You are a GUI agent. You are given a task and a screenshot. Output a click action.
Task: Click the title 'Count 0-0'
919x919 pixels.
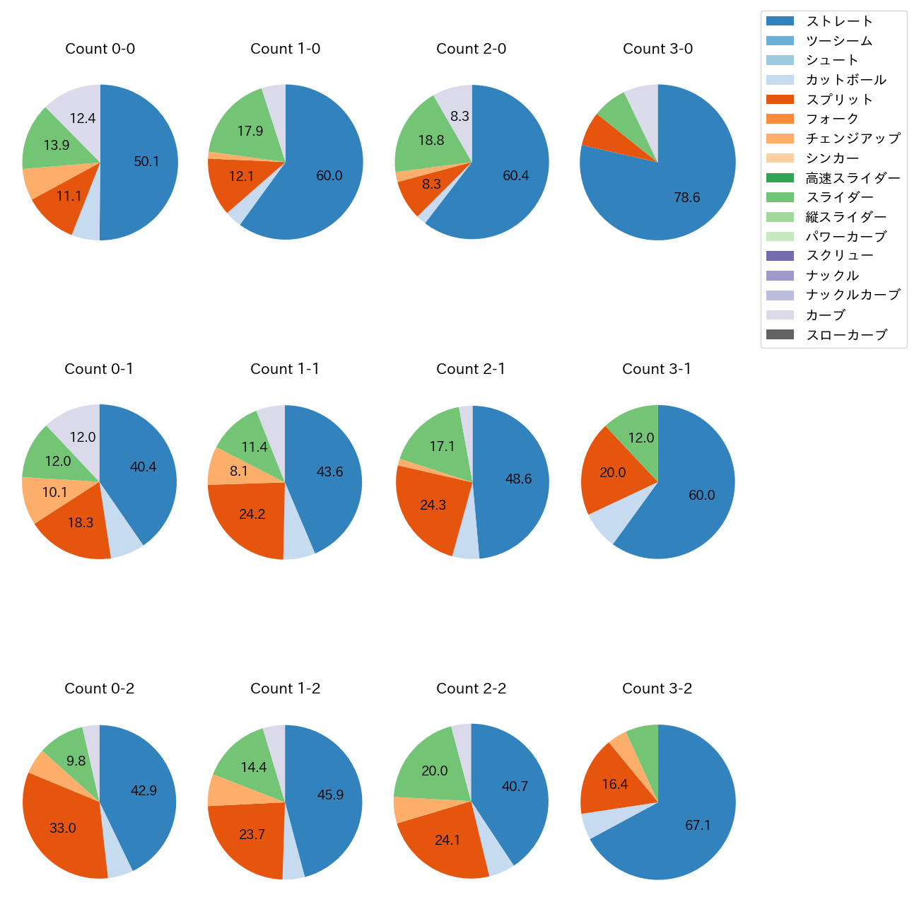tap(100, 49)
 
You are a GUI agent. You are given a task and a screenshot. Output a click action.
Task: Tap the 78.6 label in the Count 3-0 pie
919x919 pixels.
tap(686, 197)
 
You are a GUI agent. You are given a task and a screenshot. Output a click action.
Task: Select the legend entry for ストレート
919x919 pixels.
tap(839, 21)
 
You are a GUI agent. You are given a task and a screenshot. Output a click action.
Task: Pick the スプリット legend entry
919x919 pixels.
tap(839, 100)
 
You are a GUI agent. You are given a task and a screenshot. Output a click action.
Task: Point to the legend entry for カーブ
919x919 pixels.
tap(825, 315)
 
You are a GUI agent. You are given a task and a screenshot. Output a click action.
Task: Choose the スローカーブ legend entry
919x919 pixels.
tap(846, 335)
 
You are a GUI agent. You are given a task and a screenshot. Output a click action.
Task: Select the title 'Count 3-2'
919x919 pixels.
tap(657, 689)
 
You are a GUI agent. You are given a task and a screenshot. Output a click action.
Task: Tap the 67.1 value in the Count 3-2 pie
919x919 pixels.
tap(698, 825)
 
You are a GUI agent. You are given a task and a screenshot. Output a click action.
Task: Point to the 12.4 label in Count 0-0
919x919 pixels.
tap(83, 118)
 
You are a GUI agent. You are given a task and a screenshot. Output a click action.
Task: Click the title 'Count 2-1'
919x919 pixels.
tap(471, 369)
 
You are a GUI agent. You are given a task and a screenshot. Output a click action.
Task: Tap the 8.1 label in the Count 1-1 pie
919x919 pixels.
tap(239, 471)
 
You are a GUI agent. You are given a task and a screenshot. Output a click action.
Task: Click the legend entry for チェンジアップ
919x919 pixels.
tap(853, 139)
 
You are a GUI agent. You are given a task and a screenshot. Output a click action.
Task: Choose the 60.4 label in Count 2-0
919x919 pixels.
tap(515, 175)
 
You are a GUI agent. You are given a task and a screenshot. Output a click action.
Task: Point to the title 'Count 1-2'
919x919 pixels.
tap(285, 689)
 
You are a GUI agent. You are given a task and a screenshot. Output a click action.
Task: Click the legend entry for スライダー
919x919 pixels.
tap(839, 197)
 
